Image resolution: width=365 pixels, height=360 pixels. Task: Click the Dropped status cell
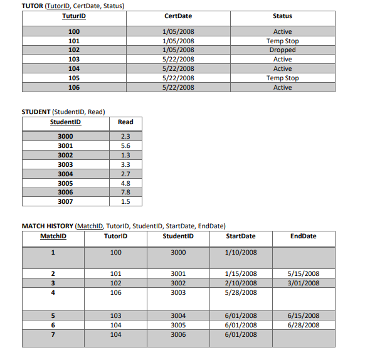(282, 50)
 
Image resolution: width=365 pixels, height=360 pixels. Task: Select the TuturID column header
(74, 16)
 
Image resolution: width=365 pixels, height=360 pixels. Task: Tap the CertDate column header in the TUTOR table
(177, 16)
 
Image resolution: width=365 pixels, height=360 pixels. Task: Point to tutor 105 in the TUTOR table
(74, 78)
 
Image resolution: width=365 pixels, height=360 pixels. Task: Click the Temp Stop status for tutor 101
(282, 41)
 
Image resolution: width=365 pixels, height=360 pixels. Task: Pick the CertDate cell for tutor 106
(177, 88)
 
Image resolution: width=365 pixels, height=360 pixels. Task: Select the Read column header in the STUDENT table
(125, 122)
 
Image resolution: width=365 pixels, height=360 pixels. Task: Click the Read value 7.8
(125, 193)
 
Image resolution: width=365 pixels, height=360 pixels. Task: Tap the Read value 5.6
(125, 146)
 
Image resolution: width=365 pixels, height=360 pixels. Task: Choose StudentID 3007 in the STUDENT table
(65, 202)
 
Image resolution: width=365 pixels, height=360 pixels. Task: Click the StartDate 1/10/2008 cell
(240, 253)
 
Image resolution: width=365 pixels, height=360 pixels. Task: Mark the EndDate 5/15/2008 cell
(303, 274)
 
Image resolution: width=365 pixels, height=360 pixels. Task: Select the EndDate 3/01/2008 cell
(303, 283)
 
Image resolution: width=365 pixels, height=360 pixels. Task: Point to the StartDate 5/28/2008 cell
(240, 292)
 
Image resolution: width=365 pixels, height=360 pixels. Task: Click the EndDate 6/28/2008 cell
(303, 325)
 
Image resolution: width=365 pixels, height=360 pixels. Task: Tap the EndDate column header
(304, 236)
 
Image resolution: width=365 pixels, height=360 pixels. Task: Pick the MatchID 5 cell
(53, 315)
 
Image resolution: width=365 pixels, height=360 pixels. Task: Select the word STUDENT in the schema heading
(36, 112)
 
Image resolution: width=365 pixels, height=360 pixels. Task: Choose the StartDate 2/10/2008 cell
(240, 283)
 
